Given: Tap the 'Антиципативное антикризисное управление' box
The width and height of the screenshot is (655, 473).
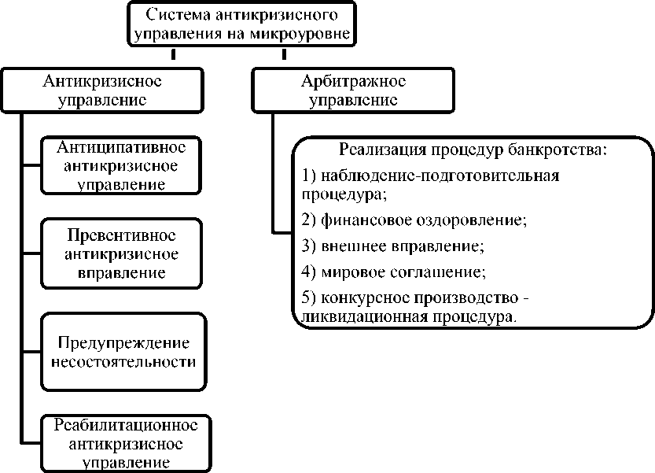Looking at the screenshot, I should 120,166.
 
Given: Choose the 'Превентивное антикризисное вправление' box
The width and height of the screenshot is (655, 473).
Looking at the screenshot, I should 120,254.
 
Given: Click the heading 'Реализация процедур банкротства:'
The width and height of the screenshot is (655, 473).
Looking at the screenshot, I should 473,150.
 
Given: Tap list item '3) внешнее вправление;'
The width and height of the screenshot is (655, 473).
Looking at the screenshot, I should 392,246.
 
